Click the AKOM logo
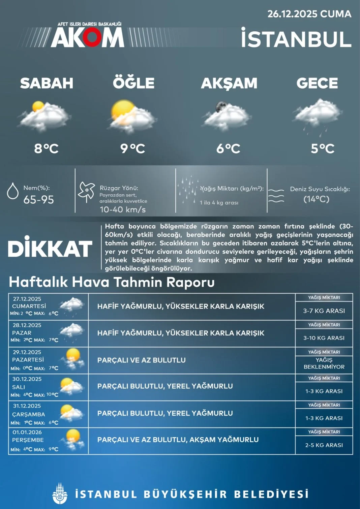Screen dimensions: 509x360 click(87, 37)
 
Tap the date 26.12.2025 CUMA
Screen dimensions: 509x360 click(309, 14)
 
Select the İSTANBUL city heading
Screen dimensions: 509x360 click(296, 39)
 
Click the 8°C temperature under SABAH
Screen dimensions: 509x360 click(47, 148)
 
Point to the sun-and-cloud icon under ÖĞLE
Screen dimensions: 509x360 click(132, 116)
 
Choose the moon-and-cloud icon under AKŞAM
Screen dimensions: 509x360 click(227, 116)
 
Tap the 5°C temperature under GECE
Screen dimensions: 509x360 click(323, 148)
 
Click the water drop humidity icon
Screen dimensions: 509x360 click(13, 191)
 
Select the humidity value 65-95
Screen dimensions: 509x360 click(38, 200)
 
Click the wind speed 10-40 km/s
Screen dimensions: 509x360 click(123, 210)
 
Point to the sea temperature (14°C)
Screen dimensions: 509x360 click(316, 199)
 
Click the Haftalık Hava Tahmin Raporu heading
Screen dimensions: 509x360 click(112, 282)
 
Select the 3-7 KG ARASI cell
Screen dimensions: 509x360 click(324, 311)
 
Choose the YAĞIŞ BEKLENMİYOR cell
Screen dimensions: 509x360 click(324, 363)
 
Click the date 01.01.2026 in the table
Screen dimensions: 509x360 click(27, 432)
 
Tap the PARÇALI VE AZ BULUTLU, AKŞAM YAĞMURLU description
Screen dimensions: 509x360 click(178, 440)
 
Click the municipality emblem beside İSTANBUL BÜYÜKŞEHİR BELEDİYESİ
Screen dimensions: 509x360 click(60, 494)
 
